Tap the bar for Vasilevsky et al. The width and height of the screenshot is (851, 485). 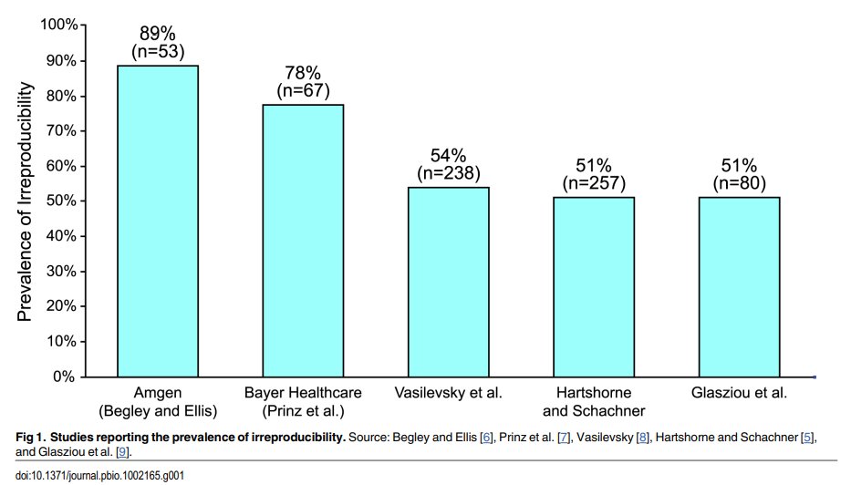448,282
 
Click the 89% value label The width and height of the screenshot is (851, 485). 157,34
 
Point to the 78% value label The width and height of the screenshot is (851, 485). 303,73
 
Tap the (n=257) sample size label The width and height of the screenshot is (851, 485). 594,183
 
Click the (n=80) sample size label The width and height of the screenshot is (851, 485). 739,183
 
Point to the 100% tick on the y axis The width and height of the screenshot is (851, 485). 59,26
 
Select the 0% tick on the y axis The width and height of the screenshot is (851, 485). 66,377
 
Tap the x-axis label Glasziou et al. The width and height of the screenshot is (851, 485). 739,393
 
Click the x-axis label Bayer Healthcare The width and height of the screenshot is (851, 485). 303,393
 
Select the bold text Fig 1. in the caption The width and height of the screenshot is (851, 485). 32,439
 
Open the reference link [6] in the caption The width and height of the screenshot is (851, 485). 487,439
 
